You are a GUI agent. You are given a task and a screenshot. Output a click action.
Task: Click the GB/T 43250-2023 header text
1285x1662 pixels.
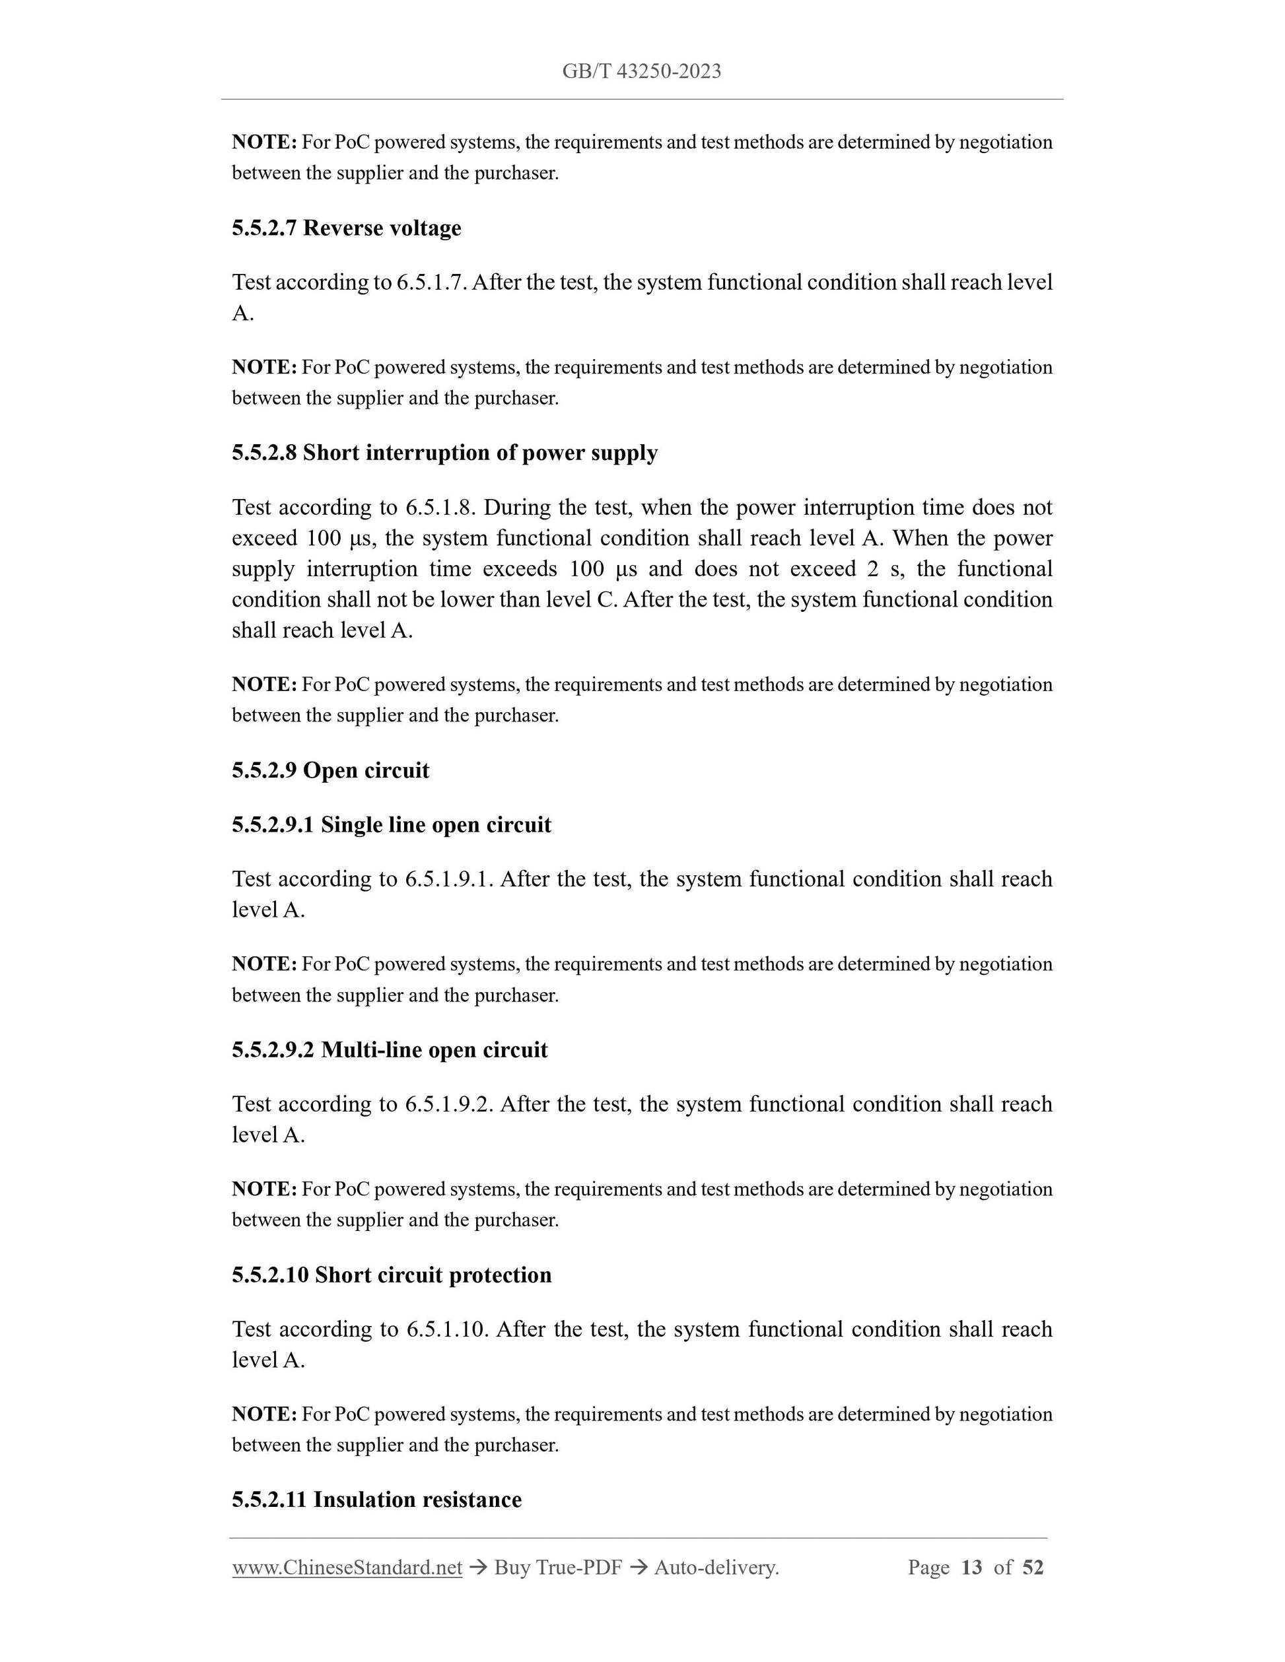point(641,71)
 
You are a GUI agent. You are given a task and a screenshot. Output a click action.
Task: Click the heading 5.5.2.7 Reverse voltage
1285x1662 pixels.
point(347,228)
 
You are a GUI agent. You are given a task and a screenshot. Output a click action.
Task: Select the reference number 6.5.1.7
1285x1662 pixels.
point(429,283)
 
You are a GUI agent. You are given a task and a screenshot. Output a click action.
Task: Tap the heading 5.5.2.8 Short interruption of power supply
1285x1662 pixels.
point(444,453)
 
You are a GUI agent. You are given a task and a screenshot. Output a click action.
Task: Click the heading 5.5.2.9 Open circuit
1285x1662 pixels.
point(330,770)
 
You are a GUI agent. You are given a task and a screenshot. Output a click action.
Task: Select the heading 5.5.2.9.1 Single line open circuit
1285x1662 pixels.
point(392,825)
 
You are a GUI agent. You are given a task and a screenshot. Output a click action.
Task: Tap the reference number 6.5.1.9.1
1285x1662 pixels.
point(448,879)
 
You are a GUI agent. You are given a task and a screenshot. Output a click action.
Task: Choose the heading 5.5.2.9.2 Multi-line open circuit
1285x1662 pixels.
point(390,1050)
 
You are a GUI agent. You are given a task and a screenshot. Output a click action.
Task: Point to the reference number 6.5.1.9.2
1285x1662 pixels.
point(448,1104)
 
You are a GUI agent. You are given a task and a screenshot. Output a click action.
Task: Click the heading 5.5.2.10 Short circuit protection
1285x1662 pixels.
point(392,1275)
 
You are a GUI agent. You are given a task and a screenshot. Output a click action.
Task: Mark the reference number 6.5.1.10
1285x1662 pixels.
point(447,1329)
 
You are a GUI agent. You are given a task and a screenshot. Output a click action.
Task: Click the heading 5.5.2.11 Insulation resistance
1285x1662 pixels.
point(377,1499)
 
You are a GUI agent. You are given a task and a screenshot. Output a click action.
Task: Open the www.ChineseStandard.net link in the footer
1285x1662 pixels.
point(347,1568)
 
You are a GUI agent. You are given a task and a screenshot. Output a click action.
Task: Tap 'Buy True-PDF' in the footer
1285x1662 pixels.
point(557,1568)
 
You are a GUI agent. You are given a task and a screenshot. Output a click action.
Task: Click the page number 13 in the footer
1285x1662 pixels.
point(971,1568)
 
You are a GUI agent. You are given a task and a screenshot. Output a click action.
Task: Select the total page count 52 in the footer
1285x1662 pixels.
point(1032,1568)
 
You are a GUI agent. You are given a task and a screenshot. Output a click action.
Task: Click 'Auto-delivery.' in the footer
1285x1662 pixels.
point(716,1568)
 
